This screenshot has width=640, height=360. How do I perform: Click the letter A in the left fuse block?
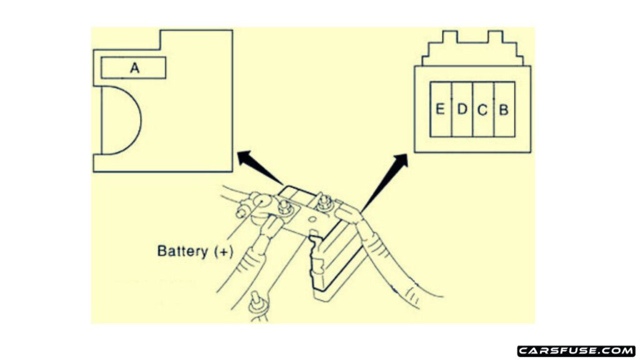point(135,67)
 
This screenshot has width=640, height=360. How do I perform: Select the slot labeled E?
point(441,109)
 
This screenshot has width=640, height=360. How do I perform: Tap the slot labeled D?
point(462,109)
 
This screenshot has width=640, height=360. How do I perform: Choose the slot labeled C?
point(483,109)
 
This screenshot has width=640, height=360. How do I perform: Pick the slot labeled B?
point(504,109)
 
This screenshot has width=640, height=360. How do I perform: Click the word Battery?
point(182,251)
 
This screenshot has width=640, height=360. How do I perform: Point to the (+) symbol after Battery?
point(223,251)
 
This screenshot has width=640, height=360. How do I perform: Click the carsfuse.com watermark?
point(576,351)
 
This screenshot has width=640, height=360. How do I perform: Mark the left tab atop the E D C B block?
point(450,36)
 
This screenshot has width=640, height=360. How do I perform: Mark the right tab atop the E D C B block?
point(495,36)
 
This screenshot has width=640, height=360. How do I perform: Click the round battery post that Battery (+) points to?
point(262,202)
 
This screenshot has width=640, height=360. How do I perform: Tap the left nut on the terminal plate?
point(284,206)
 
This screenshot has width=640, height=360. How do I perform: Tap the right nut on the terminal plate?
point(325,202)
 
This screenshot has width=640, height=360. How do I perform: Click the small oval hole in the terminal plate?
point(312,219)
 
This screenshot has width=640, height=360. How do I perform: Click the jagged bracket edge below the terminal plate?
point(316,261)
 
